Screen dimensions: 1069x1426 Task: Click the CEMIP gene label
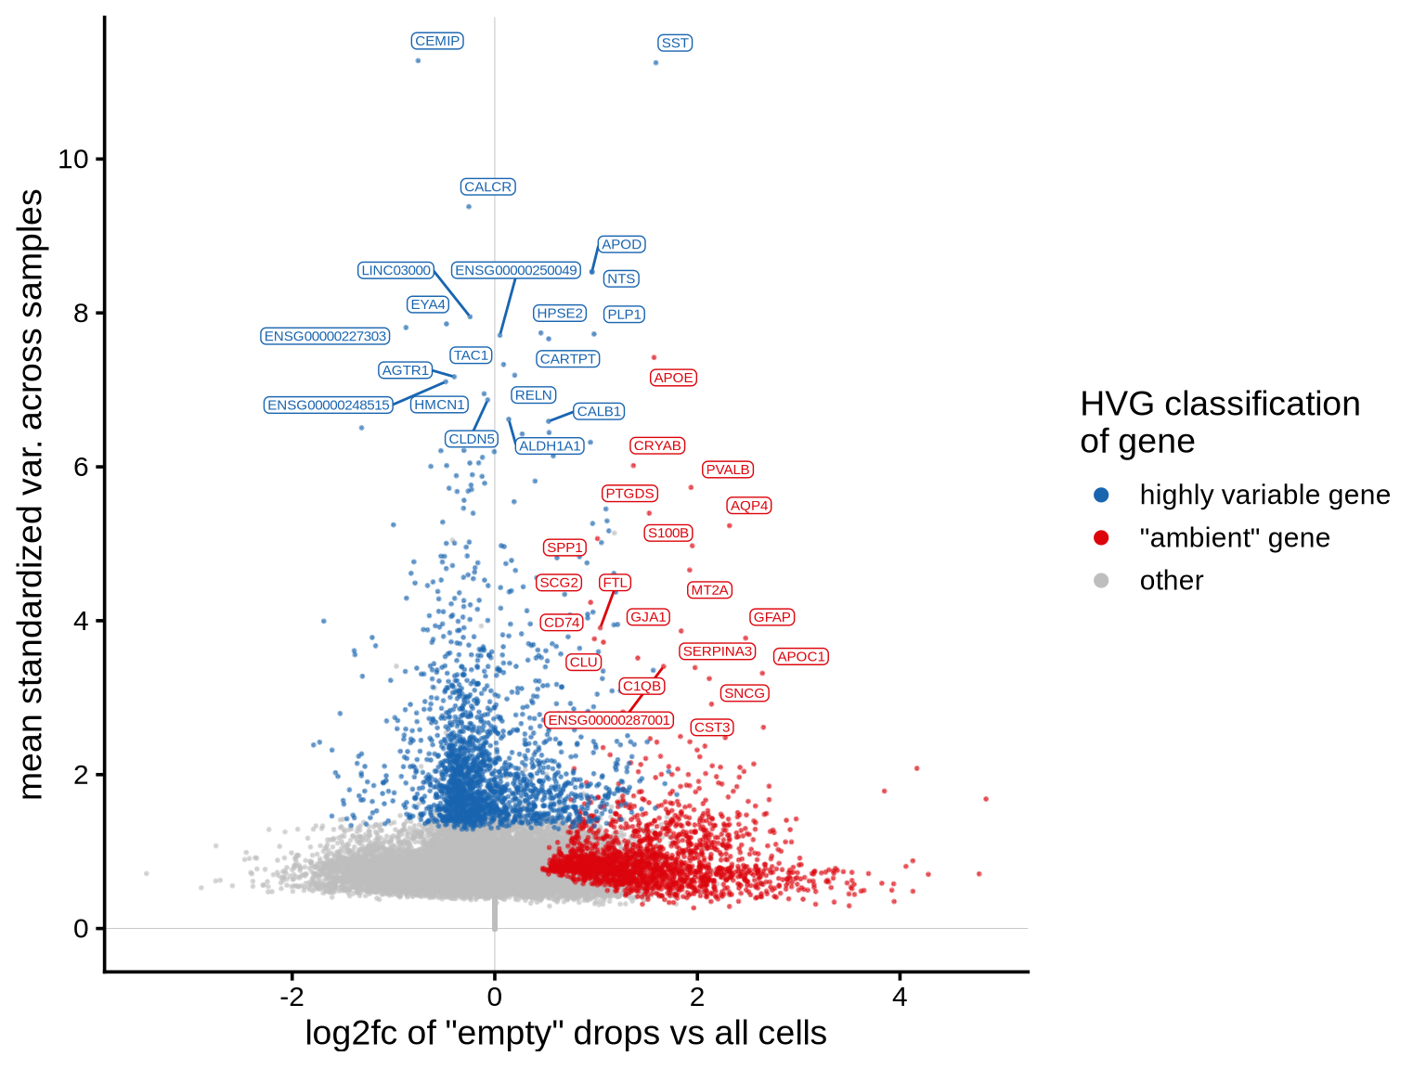(x=437, y=41)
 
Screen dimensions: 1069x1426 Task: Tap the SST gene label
(x=675, y=43)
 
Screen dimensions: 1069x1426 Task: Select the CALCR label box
(x=487, y=187)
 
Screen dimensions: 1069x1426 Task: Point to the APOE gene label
(x=673, y=378)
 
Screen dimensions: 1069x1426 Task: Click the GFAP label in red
(x=771, y=617)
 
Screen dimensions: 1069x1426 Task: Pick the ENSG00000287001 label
(x=609, y=720)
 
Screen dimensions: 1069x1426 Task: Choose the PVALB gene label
(x=727, y=470)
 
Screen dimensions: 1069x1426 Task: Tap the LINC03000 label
(x=395, y=270)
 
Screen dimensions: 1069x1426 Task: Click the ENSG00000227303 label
(x=325, y=336)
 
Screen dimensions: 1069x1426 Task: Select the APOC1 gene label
(x=800, y=656)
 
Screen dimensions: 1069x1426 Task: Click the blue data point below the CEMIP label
(x=418, y=60)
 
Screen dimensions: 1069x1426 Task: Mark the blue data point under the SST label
(x=655, y=63)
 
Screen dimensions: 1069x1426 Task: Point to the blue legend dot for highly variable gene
(x=1101, y=495)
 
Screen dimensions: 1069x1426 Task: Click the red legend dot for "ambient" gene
(x=1101, y=537)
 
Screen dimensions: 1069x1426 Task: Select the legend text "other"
(x=1171, y=580)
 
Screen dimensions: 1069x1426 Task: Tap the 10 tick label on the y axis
(x=73, y=159)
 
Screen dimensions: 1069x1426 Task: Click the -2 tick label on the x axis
(x=292, y=997)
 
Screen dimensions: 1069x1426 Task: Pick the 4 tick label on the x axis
(x=899, y=997)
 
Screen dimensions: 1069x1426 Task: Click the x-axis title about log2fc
(x=565, y=1033)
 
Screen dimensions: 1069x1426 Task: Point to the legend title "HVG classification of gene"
(x=1219, y=422)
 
